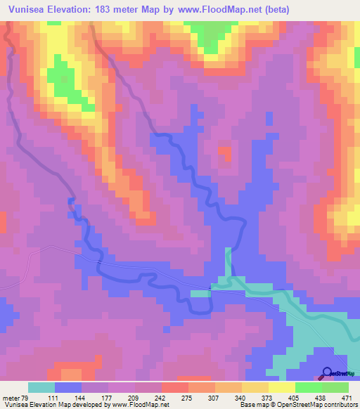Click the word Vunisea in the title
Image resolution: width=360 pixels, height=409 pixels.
27,9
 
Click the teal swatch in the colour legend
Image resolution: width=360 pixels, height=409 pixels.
41,387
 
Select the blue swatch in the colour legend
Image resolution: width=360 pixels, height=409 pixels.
67,387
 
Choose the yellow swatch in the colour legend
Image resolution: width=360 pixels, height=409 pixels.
281,387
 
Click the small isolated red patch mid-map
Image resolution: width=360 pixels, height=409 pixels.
225,152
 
